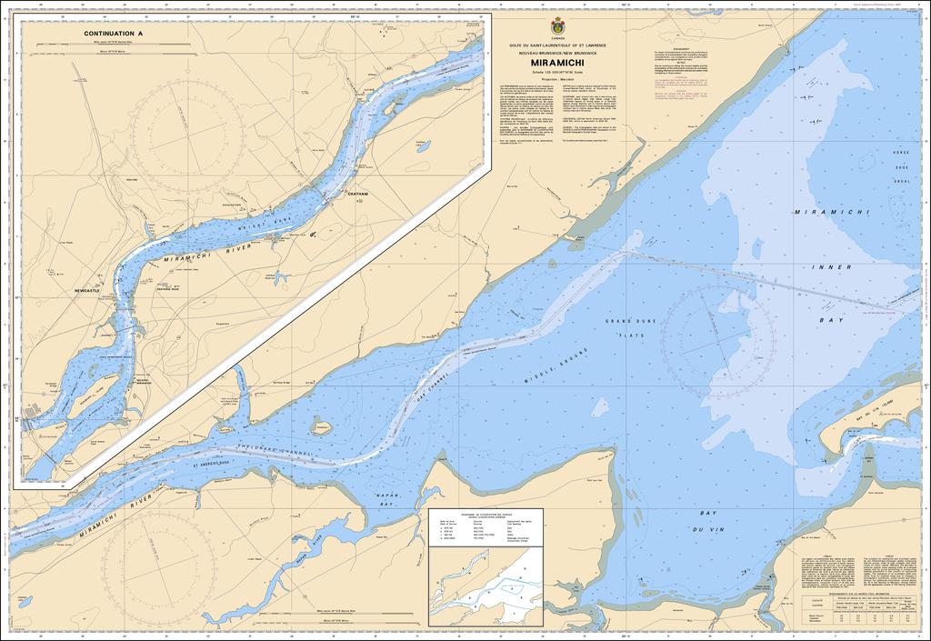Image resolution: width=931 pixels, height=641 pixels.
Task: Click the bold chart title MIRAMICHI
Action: click(557, 63)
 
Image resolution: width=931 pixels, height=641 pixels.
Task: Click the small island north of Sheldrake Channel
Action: click(321, 426)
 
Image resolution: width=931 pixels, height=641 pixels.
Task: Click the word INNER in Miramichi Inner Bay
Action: click(837, 267)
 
